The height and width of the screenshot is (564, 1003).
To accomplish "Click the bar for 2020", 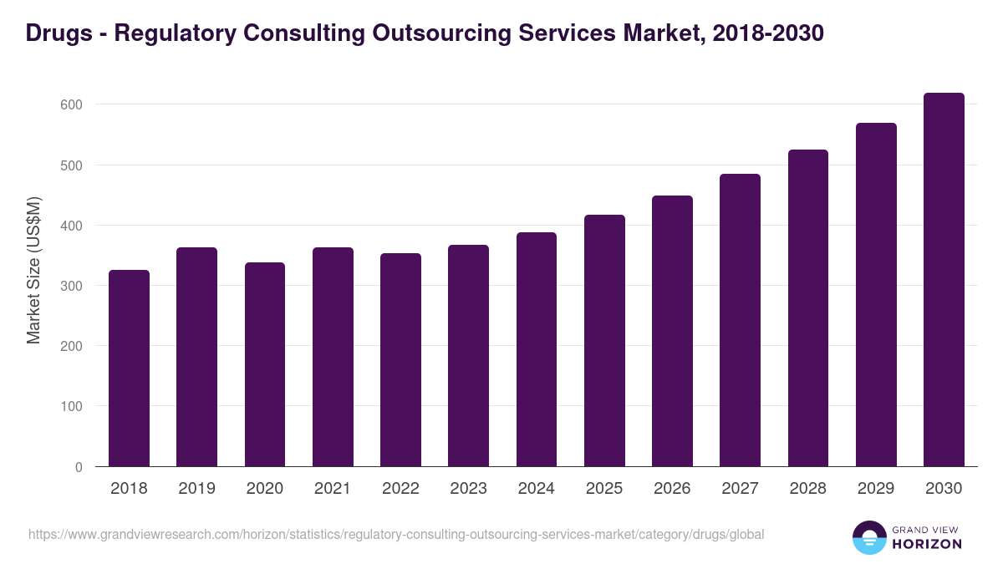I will click(265, 364).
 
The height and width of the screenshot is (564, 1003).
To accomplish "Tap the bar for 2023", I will click(468, 355).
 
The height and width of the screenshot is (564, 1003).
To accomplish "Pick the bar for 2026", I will click(672, 331).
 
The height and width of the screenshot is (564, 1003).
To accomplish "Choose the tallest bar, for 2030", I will click(944, 279).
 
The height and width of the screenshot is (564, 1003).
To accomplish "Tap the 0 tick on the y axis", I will click(79, 467).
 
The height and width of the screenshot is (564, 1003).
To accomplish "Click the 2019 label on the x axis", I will click(196, 489).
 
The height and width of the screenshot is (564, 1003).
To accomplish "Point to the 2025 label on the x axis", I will click(604, 489).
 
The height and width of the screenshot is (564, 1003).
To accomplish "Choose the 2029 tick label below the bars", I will click(876, 489).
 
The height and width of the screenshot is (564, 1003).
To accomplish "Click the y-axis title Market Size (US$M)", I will click(33, 270).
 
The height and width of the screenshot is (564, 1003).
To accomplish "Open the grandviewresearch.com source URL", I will click(396, 534).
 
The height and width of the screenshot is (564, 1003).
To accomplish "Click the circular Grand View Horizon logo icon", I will click(869, 537).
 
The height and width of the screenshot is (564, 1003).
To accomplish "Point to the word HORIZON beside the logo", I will click(928, 544).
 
